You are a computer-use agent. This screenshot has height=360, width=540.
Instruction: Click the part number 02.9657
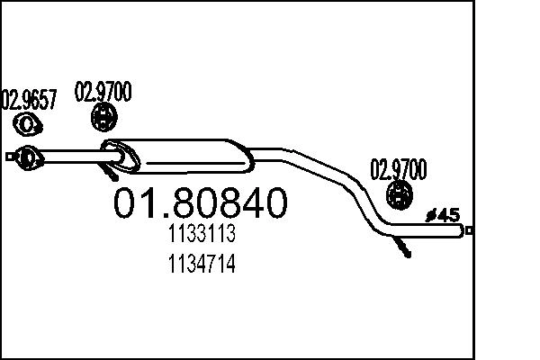(x=31, y=99)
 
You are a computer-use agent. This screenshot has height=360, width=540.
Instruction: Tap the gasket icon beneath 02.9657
(x=29, y=123)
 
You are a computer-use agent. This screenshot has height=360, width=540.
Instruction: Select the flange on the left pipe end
(x=29, y=157)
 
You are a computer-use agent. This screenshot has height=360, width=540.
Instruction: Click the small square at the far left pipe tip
(x=10, y=157)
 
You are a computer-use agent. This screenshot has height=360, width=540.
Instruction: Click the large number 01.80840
(x=200, y=203)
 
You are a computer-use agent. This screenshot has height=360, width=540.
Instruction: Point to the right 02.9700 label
(x=399, y=168)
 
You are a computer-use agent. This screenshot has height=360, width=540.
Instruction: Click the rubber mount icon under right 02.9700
(x=399, y=193)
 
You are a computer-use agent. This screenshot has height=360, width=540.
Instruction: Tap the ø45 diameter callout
(x=442, y=215)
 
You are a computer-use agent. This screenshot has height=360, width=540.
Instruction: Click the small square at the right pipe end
(x=469, y=231)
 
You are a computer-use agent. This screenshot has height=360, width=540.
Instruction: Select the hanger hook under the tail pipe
(x=403, y=247)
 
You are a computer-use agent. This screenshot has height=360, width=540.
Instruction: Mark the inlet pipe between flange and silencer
(x=72, y=157)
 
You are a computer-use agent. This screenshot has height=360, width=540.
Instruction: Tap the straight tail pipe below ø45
(x=432, y=231)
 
